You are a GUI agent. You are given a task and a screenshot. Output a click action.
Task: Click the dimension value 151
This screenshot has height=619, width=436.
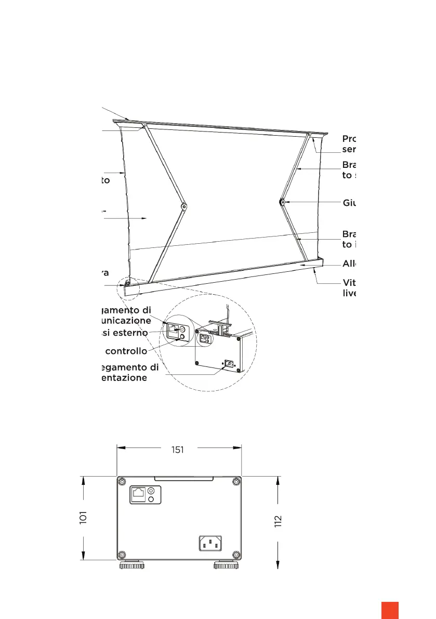[x=178, y=450]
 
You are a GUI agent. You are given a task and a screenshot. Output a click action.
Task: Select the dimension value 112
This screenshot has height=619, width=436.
[x=280, y=521]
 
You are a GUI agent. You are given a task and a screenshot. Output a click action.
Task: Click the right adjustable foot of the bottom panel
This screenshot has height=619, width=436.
[x=227, y=565]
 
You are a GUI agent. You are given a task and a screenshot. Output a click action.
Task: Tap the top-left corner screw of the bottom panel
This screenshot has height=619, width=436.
[x=122, y=481]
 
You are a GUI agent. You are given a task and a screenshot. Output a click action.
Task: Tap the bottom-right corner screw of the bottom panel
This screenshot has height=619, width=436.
[x=236, y=555]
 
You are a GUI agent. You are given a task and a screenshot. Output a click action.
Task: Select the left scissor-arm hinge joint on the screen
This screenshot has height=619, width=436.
[x=183, y=207]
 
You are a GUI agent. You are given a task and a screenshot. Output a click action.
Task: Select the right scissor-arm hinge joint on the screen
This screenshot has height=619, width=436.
[x=281, y=202]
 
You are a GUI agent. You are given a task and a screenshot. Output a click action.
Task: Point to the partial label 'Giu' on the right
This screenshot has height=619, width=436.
[x=350, y=202]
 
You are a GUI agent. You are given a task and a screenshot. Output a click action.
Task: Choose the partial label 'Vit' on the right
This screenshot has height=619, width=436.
[x=349, y=283]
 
